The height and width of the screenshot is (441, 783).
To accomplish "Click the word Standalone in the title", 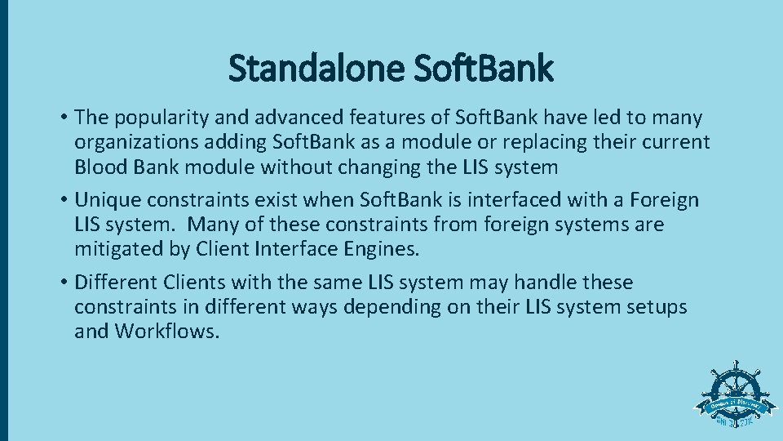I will [316, 69].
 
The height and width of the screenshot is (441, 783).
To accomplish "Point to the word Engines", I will [382, 249].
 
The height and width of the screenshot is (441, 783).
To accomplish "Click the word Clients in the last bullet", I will [193, 283].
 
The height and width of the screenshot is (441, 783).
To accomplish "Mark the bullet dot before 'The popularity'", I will [63, 119].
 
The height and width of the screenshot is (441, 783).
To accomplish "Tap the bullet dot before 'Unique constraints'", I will [63, 201].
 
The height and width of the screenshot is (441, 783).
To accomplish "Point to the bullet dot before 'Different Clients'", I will [63, 283].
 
